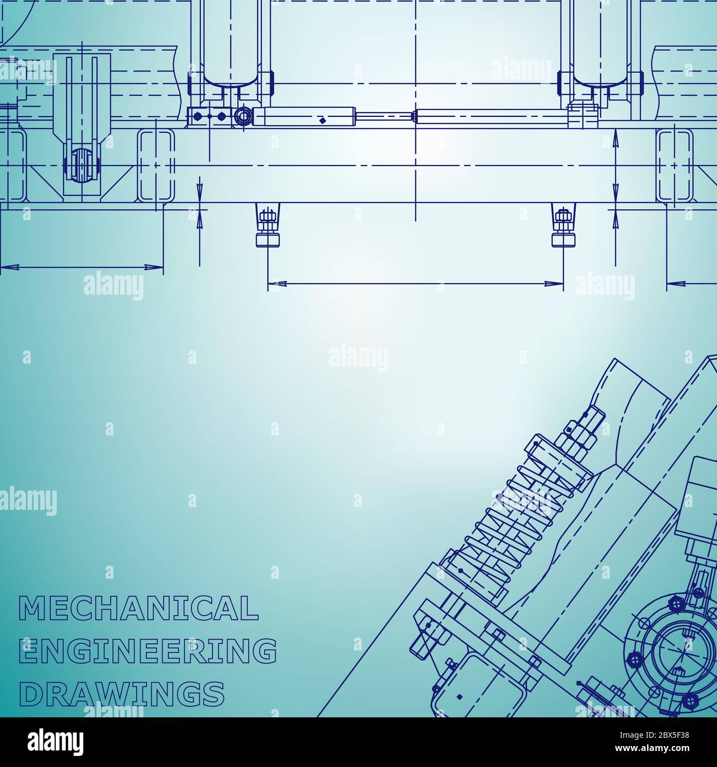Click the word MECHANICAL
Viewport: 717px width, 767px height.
pos(139,608)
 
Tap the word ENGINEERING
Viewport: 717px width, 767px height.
pos(148,651)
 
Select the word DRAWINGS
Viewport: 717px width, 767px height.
pos(122,693)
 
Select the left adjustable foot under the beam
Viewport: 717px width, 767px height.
pos(267,226)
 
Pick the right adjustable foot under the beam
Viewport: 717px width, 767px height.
pos(563,226)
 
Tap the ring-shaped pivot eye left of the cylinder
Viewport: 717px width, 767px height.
pos(242,116)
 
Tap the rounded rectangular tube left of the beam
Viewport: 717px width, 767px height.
pos(156,166)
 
